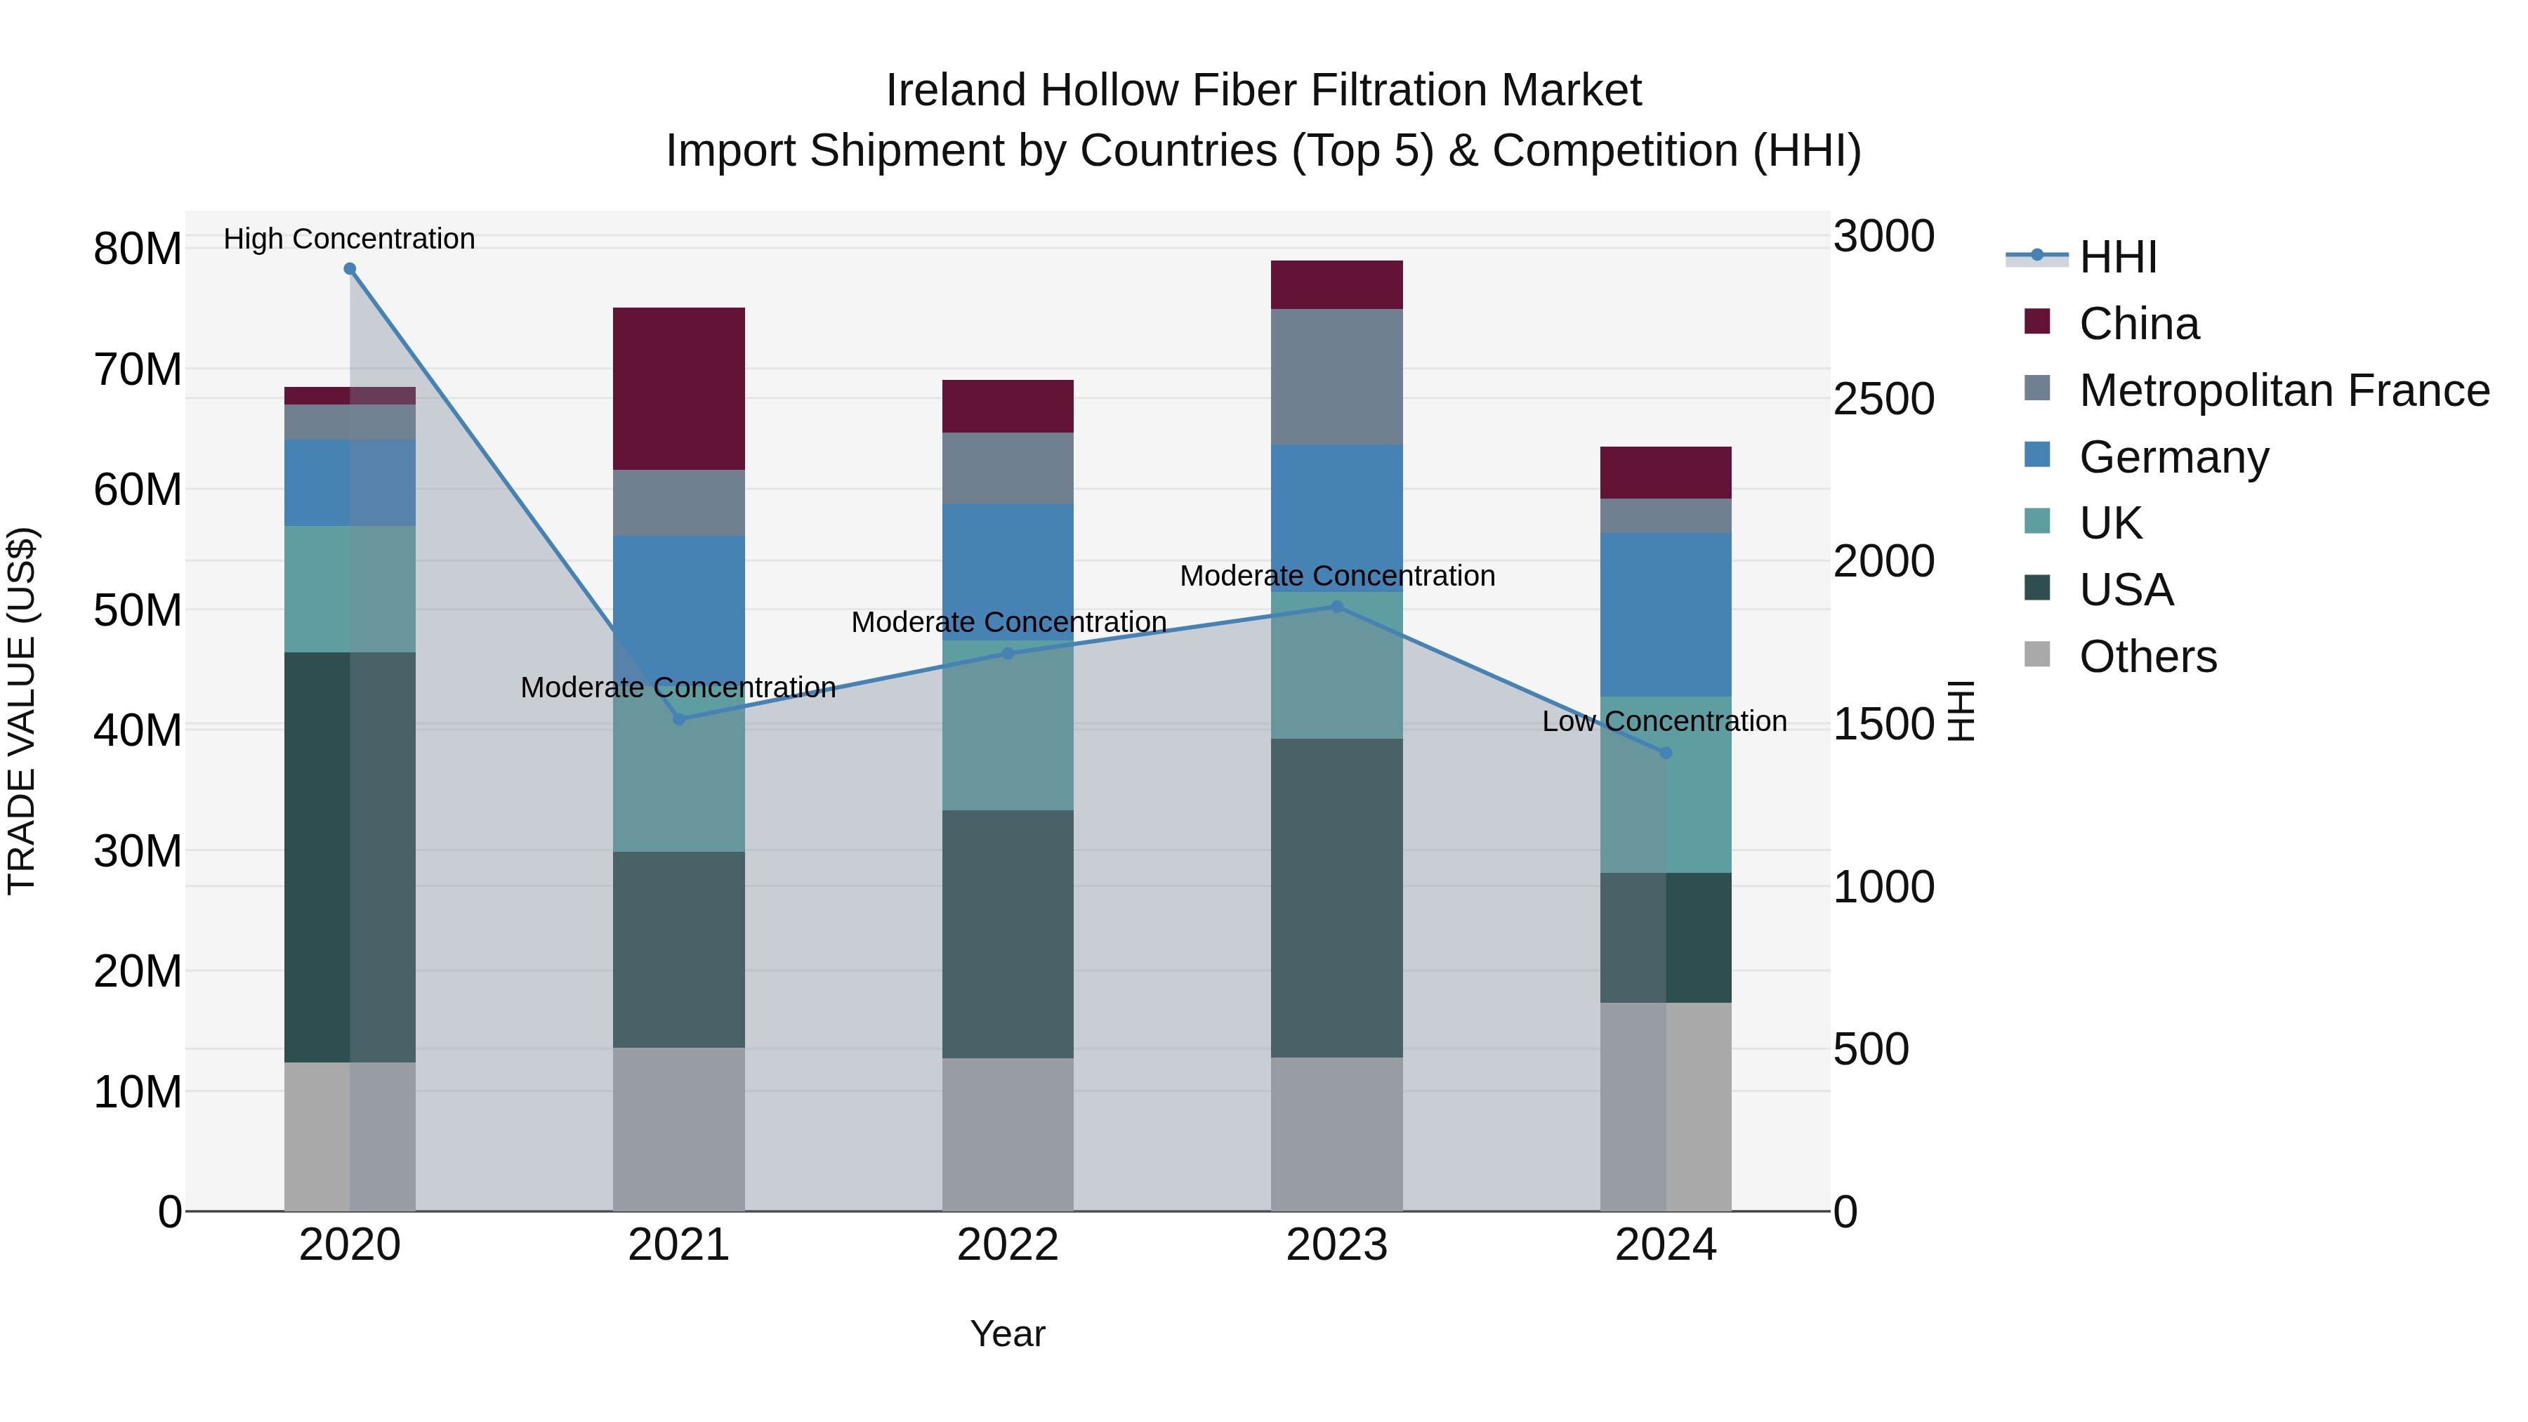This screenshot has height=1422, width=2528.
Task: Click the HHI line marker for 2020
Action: click(350, 269)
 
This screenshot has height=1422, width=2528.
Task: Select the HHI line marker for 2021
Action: click(679, 719)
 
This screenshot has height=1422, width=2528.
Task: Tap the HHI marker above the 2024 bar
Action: click(1666, 753)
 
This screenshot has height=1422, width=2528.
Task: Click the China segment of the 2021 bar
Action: click(679, 388)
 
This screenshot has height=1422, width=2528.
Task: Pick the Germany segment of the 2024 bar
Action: click(1666, 614)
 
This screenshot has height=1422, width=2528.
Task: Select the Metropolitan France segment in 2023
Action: click(1336, 377)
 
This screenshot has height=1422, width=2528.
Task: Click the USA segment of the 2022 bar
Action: click(1008, 933)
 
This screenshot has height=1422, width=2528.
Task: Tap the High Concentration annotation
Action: click(350, 239)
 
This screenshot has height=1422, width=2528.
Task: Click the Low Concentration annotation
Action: click(1664, 721)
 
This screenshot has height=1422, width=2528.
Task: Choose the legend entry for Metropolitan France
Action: click(2284, 390)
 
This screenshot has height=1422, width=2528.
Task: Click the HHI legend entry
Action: click(2118, 257)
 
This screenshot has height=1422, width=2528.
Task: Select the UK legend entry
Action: click(2110, 523)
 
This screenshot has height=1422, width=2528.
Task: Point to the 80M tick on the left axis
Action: click(138, 249)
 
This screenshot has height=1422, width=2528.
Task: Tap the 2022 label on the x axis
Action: click(1008, 1245)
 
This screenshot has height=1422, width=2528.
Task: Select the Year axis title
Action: click(1008, 1334)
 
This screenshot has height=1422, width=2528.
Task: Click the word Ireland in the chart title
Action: click(957, 91)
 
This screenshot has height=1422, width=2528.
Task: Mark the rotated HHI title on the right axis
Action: click(1960, 711)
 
